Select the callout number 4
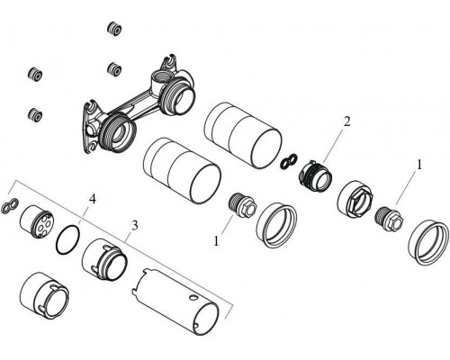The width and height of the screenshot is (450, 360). coord(92,197)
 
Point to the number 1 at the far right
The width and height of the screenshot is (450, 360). coord(418,166)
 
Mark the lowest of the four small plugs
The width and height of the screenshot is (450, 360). coord(36,114)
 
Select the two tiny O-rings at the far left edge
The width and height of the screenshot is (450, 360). coord(12,206)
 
